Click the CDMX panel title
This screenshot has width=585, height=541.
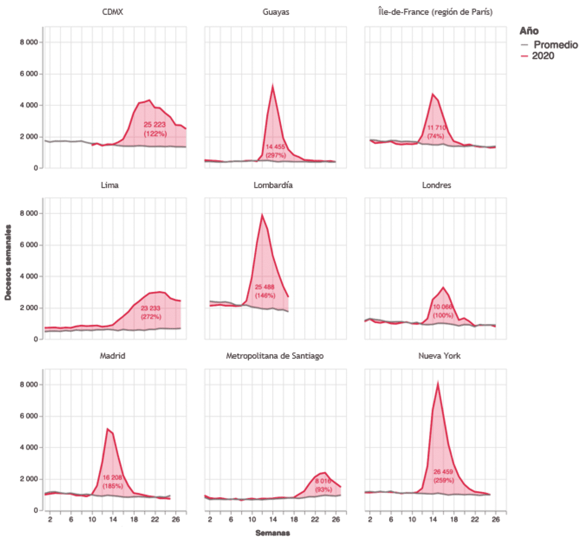tap(113, 12)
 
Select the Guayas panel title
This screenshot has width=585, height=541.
tap(276, 12)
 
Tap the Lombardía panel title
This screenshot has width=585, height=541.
tap(273, 185)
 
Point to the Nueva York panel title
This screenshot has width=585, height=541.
tap(439, 356)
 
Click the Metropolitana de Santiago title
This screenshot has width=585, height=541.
tap(275, 356)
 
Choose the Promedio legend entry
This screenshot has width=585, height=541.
tap(555, 45)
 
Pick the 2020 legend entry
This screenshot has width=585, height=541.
tap(543, 56)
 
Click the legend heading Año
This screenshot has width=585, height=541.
tap(529, 31)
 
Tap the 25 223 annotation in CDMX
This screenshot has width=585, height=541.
tap(155, 125)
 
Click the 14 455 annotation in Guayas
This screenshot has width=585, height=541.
tap(275, 147)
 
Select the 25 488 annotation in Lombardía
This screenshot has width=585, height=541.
tap(265, 287)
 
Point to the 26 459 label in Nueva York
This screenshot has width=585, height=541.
tap(443, 472)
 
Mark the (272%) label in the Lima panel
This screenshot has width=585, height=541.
tap(151, 317)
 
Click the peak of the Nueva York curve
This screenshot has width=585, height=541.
tap(438, 383)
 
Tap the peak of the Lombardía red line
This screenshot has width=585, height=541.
tap(262, 215)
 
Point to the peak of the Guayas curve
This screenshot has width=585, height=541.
tap(273, 86)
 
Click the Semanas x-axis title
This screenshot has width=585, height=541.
tap(273, 533)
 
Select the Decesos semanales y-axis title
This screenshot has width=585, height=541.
tap(8, 262)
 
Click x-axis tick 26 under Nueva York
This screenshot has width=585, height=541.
tap(495, 519)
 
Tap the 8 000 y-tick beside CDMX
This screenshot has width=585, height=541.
tap(29, 42)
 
